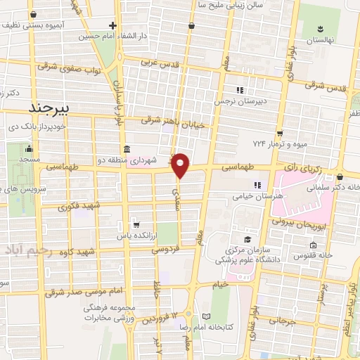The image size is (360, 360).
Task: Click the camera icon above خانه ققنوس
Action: pos(313,245)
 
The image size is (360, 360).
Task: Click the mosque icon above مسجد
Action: pos(28,149)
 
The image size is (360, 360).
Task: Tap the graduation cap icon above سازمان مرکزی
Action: pos(247,240)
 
